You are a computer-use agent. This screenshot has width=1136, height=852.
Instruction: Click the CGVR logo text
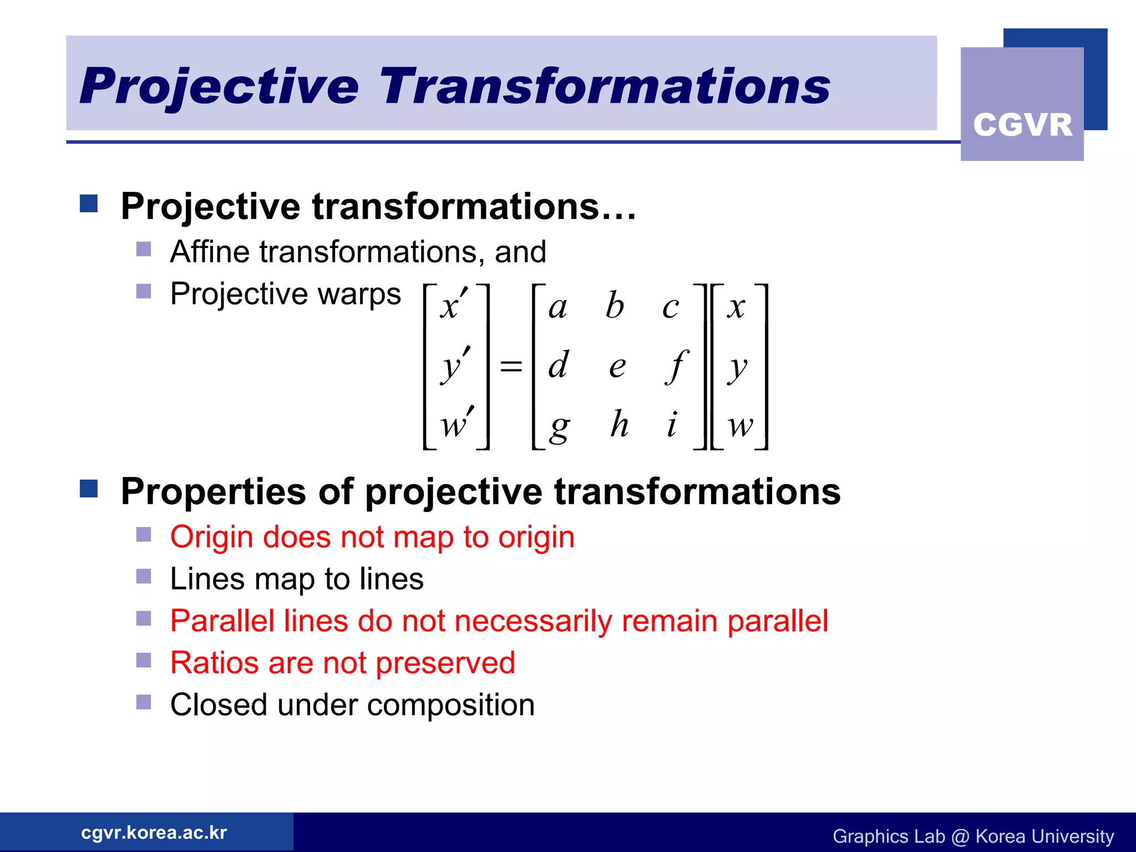point(1022,125)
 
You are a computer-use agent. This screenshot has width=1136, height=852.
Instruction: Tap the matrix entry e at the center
point(617,367)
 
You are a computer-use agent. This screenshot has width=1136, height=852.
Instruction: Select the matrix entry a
point(558,307)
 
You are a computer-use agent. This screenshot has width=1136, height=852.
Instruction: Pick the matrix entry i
point(672,424)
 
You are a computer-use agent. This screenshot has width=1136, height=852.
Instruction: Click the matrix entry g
point(559,428)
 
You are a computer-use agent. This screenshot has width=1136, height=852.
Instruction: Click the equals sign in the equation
point(511,366)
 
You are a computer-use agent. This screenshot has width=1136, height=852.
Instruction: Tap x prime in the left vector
point(454,306)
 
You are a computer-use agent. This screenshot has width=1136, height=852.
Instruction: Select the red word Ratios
point(214,663)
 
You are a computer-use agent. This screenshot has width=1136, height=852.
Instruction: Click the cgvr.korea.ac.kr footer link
point(154,833)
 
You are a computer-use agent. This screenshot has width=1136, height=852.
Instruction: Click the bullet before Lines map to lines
point(144,577)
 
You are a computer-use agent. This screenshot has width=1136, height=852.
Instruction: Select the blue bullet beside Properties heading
point(89,489)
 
